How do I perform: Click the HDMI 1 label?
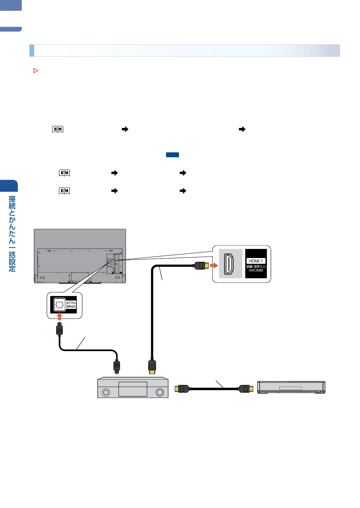click(256, 261)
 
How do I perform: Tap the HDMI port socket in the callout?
click(228, 264)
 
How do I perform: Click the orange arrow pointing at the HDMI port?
click(214, 266)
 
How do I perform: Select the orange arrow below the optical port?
click(60, 316)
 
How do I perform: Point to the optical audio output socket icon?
click(60, 305)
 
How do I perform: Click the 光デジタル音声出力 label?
click(71, 305)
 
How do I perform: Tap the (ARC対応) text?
click(256, 271)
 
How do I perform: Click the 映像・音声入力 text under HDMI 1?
click(256, 266)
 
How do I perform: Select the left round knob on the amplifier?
click(106, 392)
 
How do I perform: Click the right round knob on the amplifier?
click(160, 392)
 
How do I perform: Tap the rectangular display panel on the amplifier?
click(133, 389)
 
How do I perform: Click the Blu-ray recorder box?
click(291, 387)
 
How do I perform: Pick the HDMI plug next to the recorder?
click(246, 388)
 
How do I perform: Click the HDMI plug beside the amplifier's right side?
click(182, 388)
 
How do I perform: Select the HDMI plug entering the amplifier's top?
click(152, 366)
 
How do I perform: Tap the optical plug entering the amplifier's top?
click(117, 366)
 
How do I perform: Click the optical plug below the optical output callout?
click(60, 329)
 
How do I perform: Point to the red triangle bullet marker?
click(36, 71)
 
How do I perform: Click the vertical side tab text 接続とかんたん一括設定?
click(12, 233)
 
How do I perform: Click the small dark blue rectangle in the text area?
click(172, 155)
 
